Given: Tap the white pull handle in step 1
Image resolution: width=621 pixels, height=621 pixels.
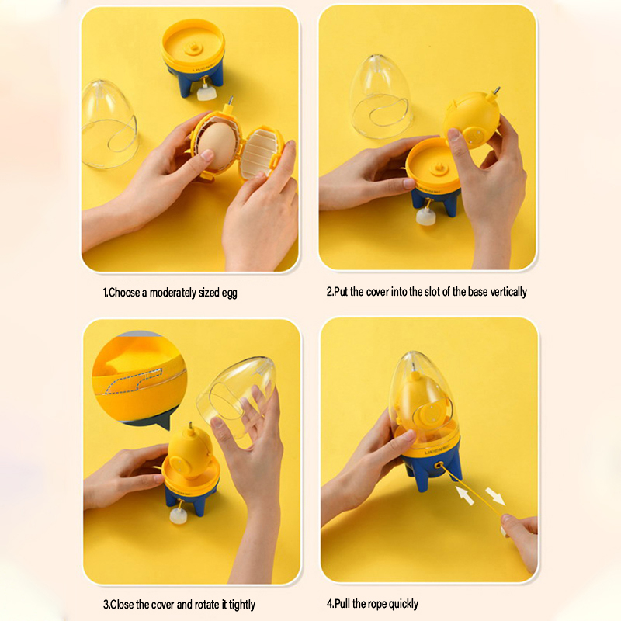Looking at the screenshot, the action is tap(206, 94).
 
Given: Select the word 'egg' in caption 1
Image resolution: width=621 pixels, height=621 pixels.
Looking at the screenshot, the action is tap(229, 293).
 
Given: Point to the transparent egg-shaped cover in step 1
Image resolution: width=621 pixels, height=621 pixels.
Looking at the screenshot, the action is tap(109, 124).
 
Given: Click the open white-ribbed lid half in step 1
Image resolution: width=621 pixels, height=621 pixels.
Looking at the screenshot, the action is tap(262, 152).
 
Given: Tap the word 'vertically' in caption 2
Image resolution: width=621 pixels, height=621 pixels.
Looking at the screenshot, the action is tap(508, 292).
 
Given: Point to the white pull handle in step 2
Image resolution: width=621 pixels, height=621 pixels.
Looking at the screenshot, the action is tap(425, 217).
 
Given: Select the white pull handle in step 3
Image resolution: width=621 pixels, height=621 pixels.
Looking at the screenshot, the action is tap(178, 516).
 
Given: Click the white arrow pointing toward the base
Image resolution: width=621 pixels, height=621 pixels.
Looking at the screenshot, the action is tap(465, 495).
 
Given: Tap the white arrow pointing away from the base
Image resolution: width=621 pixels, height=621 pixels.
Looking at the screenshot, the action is tap(495, 496).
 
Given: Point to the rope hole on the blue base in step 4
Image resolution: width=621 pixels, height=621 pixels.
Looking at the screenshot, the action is tap(439, 465).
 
